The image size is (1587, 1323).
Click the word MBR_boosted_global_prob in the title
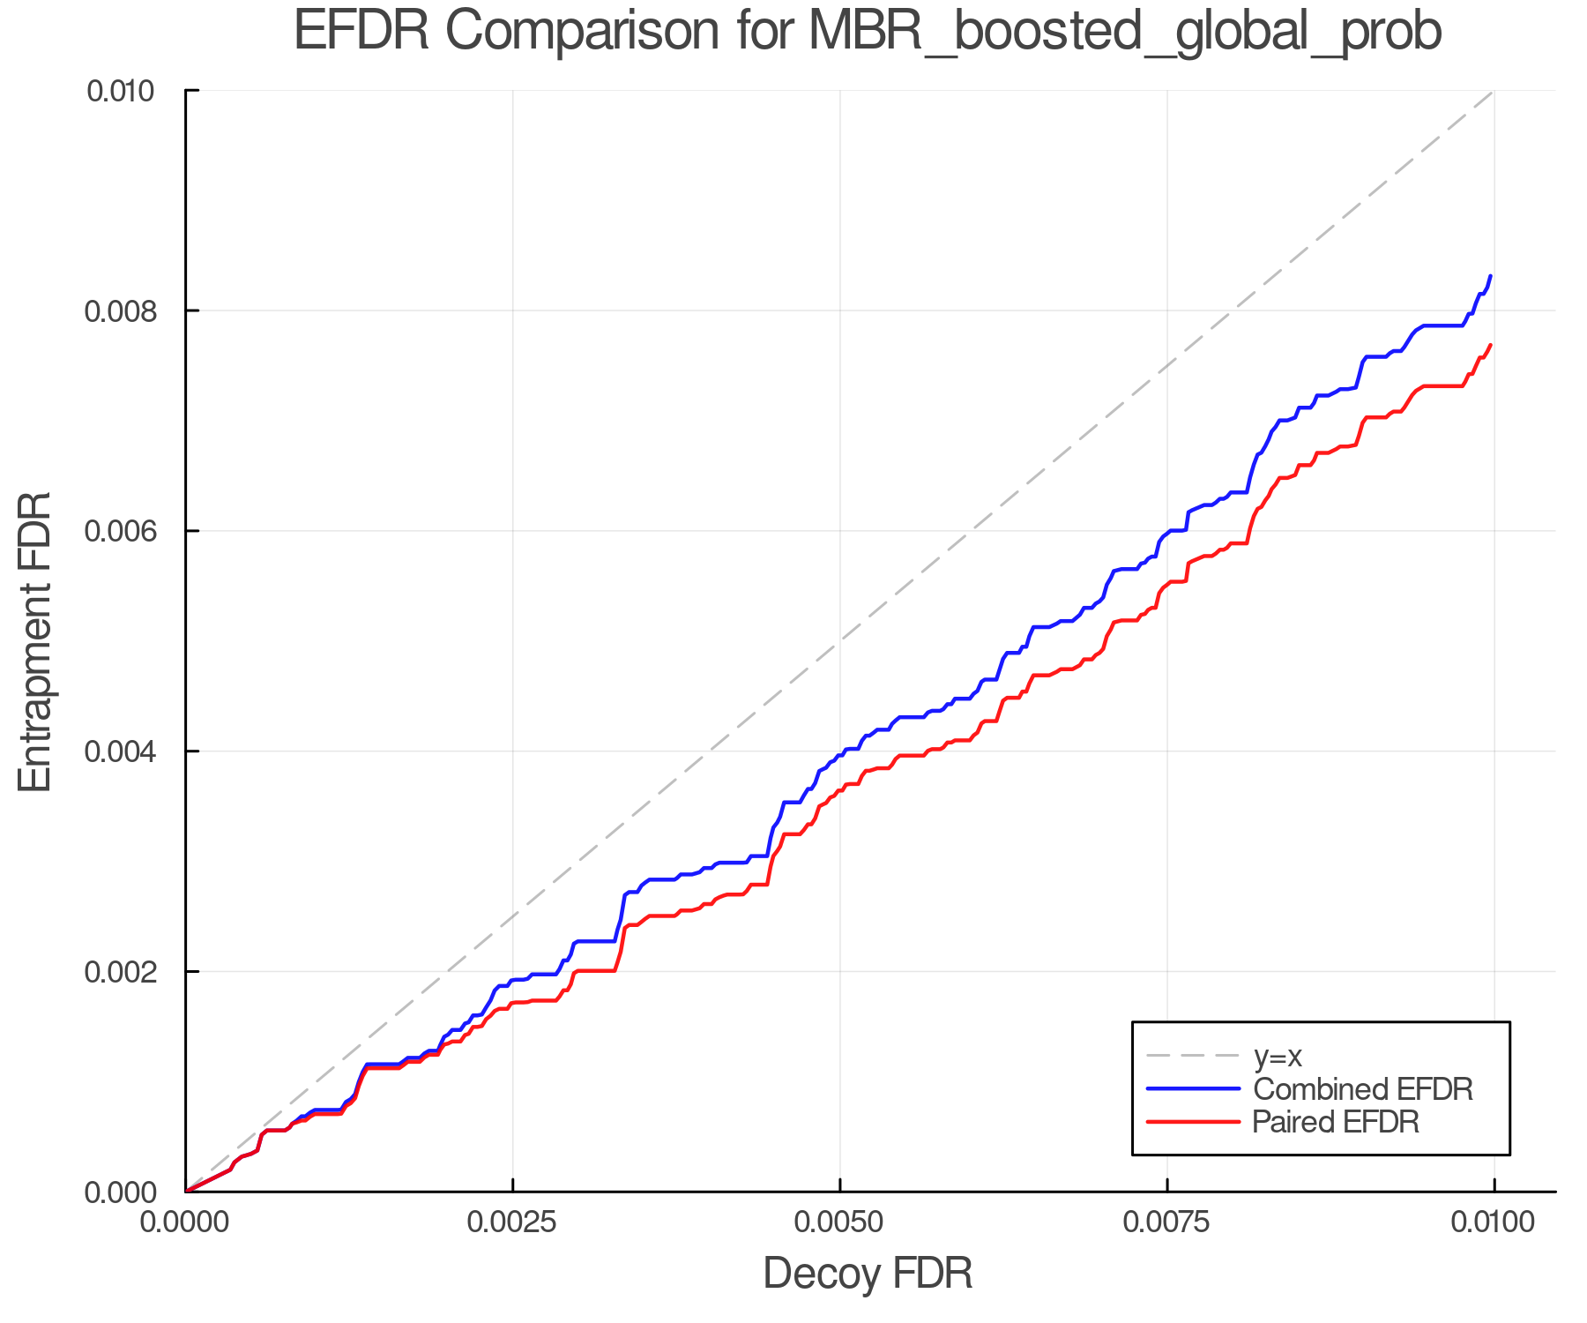tap(1124, 32)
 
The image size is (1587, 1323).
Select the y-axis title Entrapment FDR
tap(35, 641)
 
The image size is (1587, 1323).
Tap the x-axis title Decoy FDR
tap(868, 1273)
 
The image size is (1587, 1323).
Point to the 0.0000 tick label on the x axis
tap(185, 1222)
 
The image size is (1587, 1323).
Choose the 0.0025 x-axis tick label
tap(512, 1222)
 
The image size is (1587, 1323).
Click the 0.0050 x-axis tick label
tap(839, 1222)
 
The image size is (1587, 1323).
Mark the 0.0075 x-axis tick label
tap(1167, 1222)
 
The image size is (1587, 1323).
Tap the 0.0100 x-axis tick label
tap(1494, 1222)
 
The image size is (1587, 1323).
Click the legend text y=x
tap(1278, 1056)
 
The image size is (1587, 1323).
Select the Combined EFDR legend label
tap(1362, 1089)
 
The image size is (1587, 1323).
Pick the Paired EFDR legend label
tap(1336, 1122)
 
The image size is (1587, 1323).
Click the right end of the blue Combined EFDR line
tap(1490, 276)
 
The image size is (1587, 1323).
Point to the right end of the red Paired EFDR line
tap(1490, 345)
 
